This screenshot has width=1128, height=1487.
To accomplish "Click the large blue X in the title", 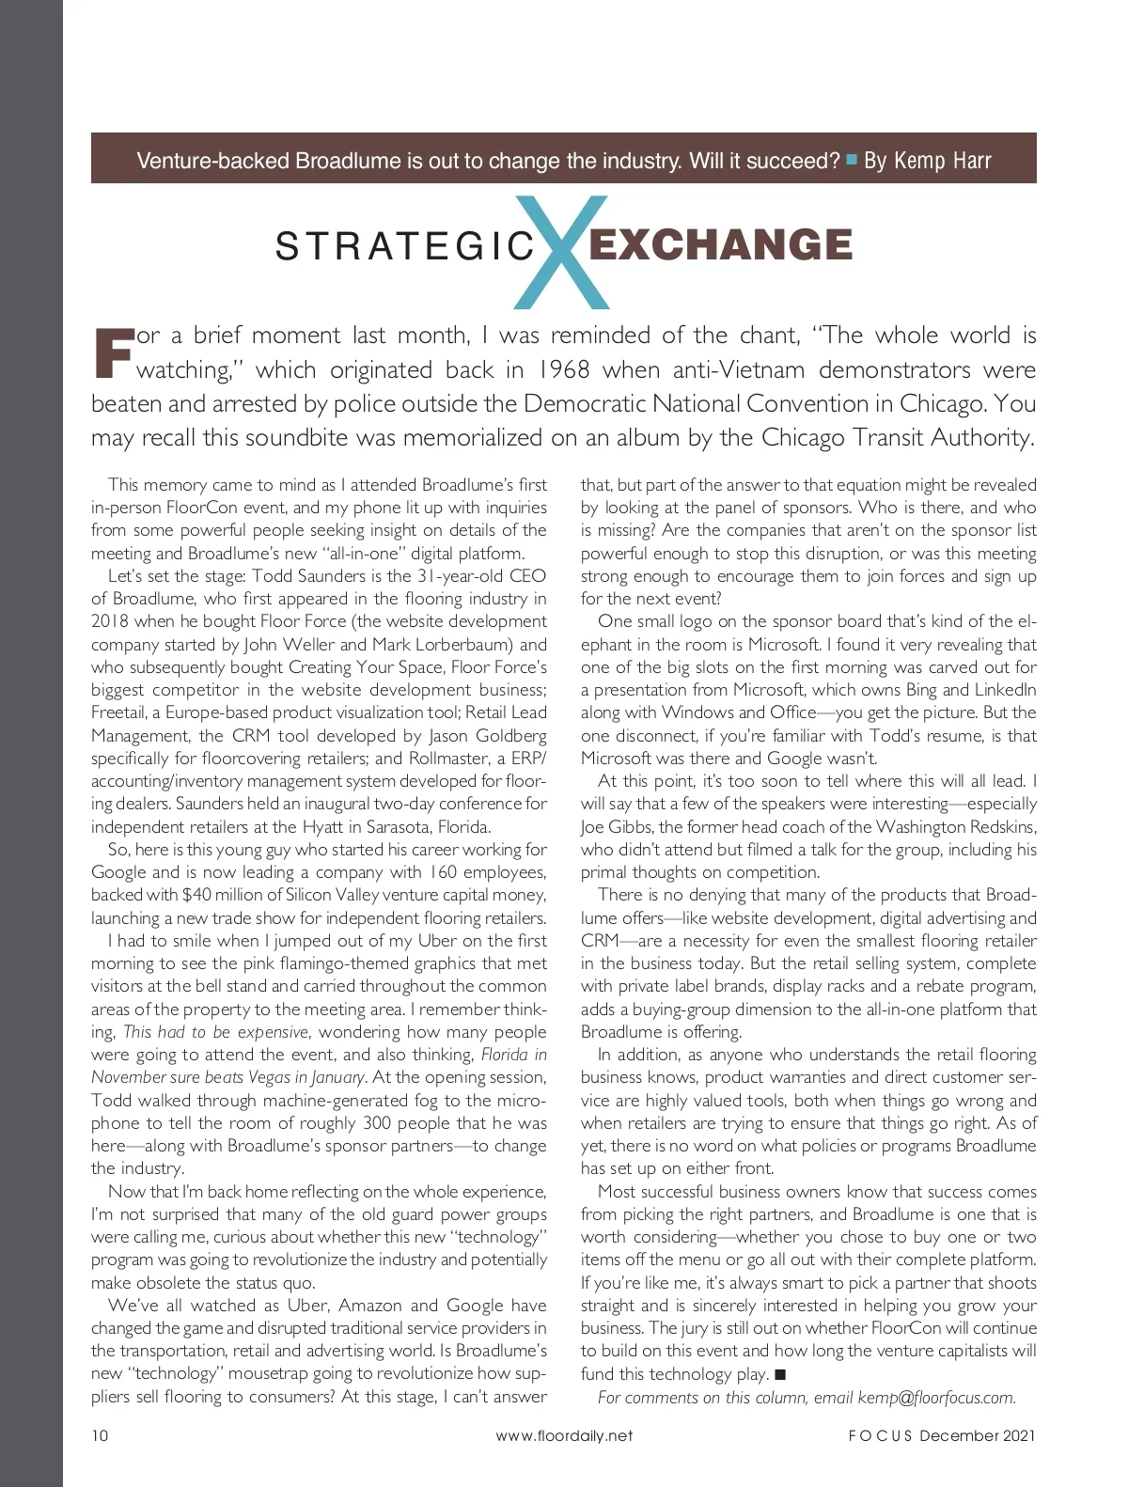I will tap(562, 251).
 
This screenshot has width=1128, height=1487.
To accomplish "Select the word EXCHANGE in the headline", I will tap(720, 245).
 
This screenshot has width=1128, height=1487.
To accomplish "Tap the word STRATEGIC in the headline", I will tap(405, 247).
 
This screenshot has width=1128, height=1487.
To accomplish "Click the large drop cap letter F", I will tap(113, 353).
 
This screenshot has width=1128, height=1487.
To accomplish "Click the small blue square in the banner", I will tap(852, 160).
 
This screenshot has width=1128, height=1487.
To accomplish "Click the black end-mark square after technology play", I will tap(780, 1375).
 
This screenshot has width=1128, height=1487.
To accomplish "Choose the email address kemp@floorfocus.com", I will tap(936, 1398).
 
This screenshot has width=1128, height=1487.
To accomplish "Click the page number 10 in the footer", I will tap(100, 1435).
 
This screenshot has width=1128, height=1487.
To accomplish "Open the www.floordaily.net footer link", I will tap(564, 1435).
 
